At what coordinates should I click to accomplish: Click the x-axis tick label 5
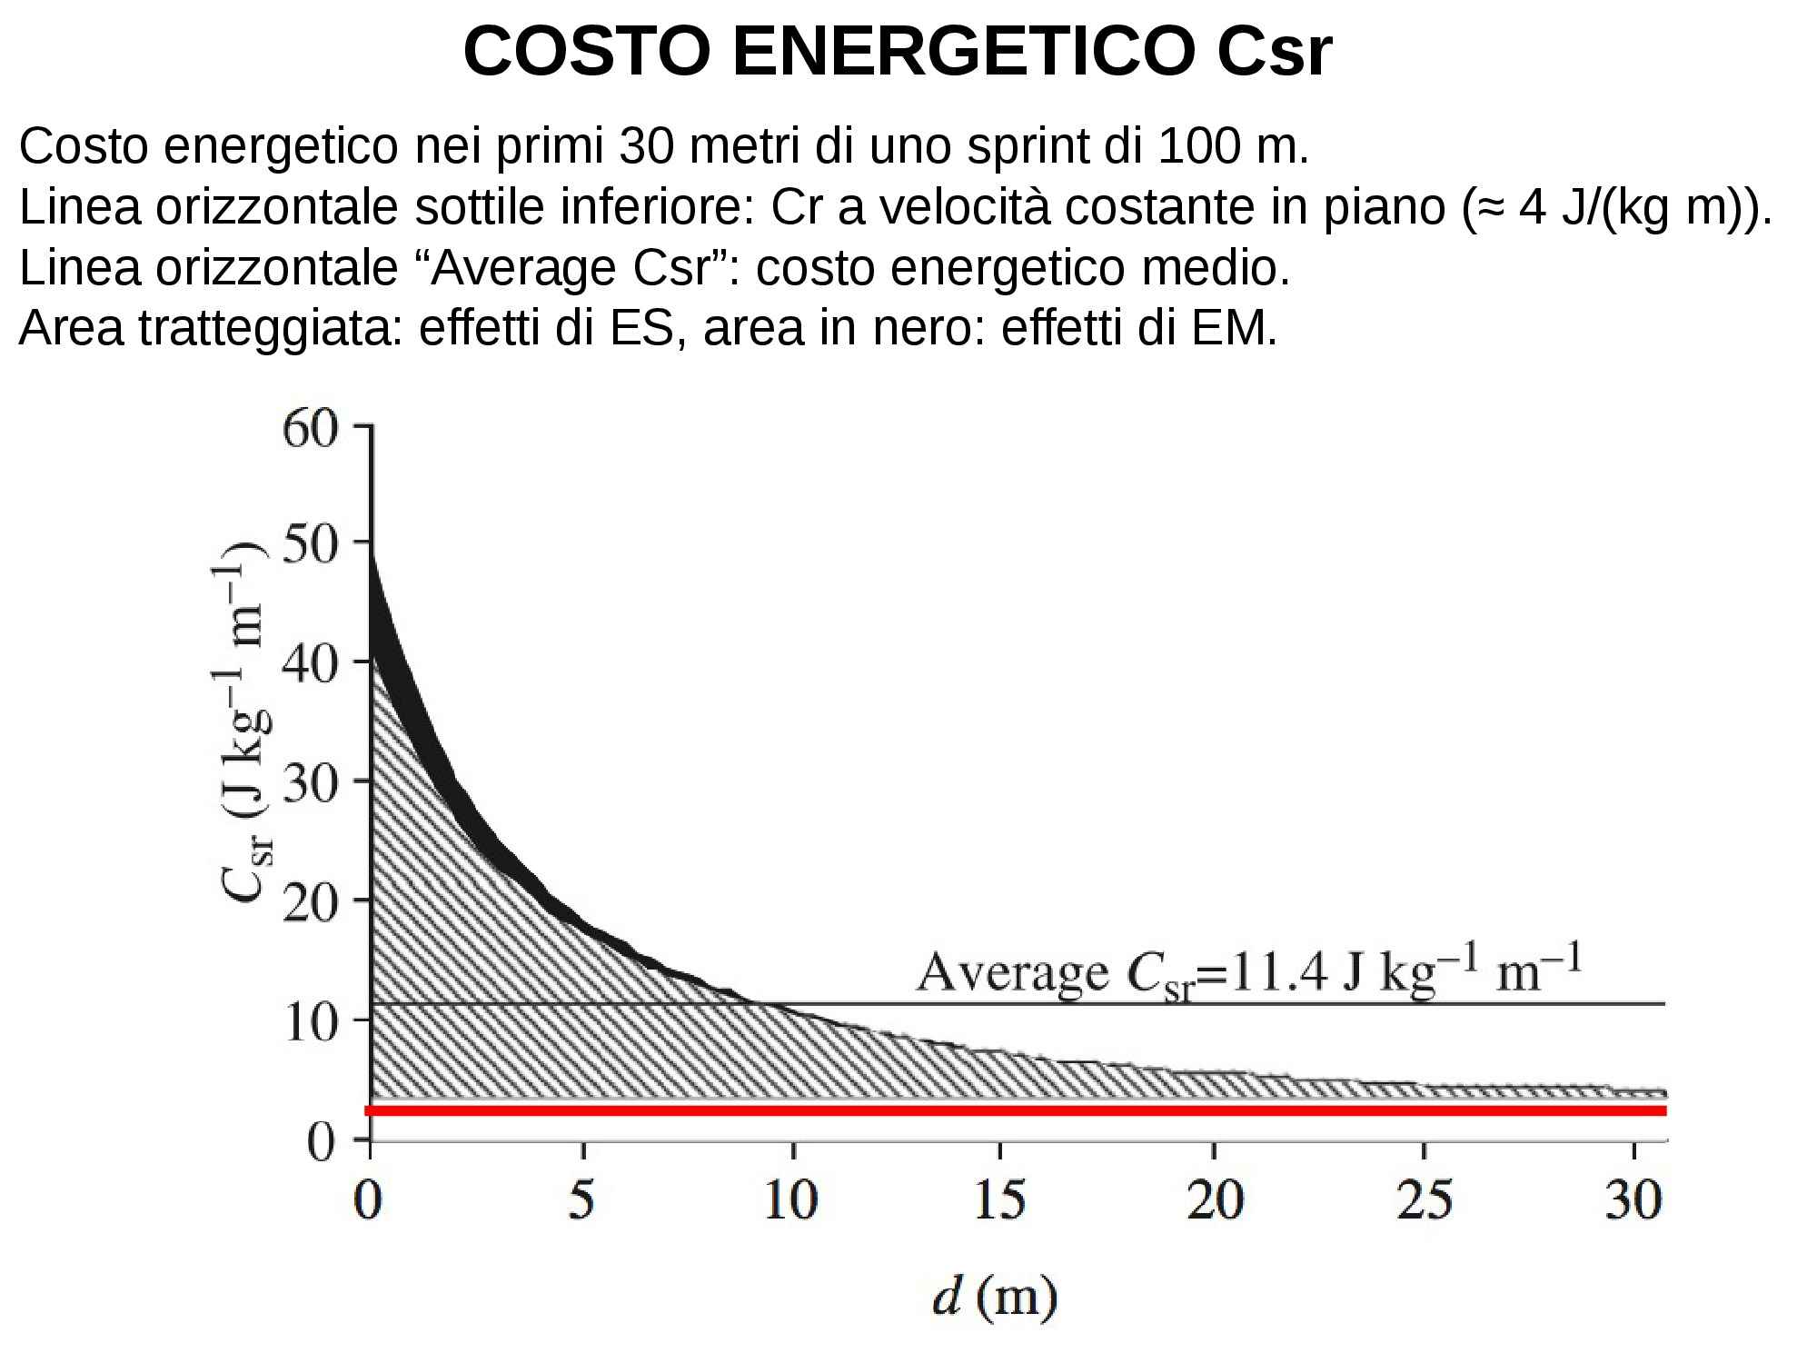[581, 1201]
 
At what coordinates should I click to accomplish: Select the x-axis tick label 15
[999, 1201]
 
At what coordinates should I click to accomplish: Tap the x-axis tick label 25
[1424, 1201]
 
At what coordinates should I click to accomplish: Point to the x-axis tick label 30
[1633, 1201]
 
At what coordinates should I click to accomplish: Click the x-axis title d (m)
[995, 1298]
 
